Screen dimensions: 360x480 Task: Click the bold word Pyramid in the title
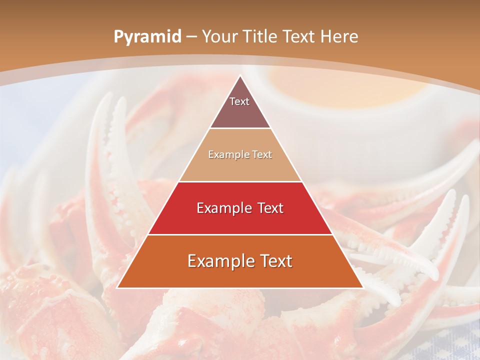147,37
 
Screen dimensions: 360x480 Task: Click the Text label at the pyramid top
239,101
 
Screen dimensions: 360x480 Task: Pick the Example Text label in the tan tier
240,155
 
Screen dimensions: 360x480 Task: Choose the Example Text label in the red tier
240,208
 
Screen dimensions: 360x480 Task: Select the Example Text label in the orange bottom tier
240,261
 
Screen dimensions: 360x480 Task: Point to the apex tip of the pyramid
240,76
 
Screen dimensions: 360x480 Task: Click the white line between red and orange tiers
240,234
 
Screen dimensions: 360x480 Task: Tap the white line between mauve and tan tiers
240,128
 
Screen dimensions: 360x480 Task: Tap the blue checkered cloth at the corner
450,345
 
